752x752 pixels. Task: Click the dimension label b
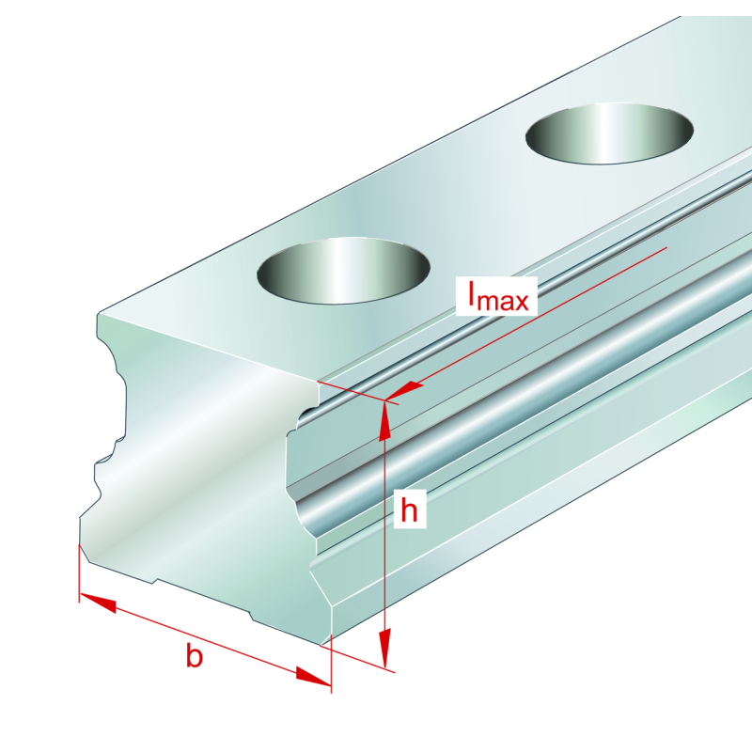point(195,655)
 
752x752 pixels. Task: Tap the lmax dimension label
point(498,296)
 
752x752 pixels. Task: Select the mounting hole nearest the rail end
point(343,271)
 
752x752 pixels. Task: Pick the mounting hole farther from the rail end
point(609,133)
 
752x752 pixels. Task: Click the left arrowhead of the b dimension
point(98,603)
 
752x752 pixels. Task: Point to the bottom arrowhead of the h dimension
point(385,648)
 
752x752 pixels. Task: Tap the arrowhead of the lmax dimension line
point(403,390)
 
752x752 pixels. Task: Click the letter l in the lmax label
point(472,293)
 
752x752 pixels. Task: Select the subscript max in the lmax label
point(503,302)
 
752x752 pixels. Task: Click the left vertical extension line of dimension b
point(79,573)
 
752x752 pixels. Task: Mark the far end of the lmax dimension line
point(667,247)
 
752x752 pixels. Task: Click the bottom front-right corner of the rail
point(321,645)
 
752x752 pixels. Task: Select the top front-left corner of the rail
point(99,315)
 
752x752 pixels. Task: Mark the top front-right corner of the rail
point(318,382)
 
